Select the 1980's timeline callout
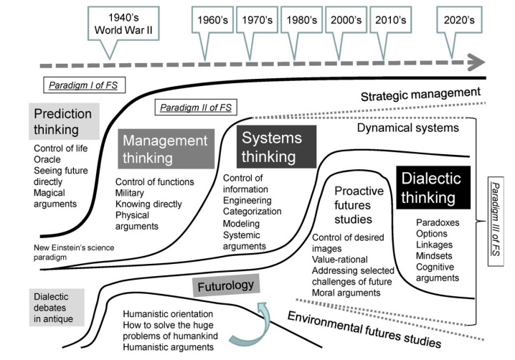(x=302, y=21)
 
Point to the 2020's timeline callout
(x=458, y=21)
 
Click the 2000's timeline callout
(x=345, y=21)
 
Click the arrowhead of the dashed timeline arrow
(x=473, y=64)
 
